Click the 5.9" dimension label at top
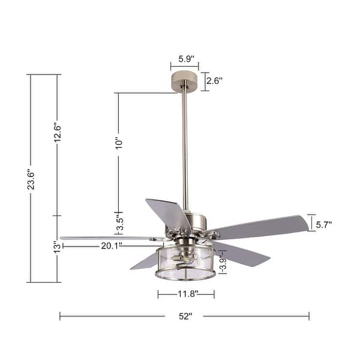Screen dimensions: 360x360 tap(185, 59)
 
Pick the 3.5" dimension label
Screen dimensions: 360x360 tap(119, 221)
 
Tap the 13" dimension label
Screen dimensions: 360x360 tap(57, 247)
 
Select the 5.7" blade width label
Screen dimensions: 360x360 tap(324, 224)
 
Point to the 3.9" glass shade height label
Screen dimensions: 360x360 tap(222, 262)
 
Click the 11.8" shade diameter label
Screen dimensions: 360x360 tap(186, 294)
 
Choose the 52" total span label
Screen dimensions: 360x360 tap(185, 316)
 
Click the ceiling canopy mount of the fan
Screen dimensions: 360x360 tap(185, 80)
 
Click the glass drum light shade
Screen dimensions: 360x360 tap(185, 264)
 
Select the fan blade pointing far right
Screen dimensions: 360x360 tap(264, 226)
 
